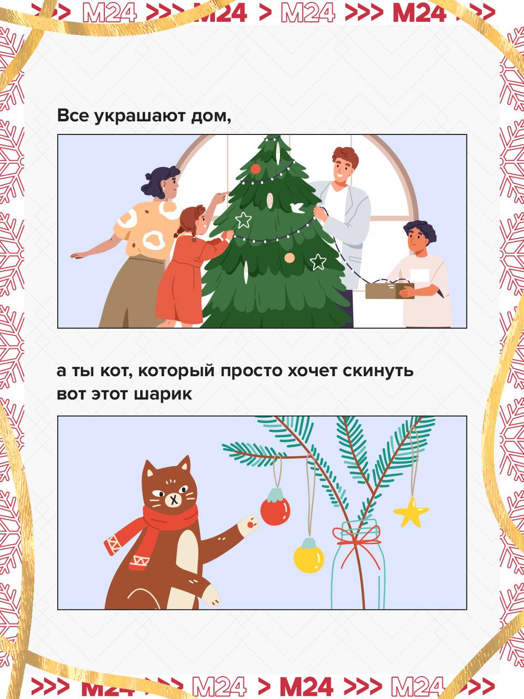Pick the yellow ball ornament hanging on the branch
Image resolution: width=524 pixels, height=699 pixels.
click(308, 555)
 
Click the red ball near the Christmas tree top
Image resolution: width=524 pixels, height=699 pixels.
click(255, 168)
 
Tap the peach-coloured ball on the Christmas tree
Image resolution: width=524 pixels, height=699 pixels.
click(289, 258)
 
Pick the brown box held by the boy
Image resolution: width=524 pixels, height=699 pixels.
click(389, 291)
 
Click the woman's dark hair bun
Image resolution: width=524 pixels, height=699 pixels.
click(148, 176)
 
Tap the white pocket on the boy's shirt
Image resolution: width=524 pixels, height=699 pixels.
click(420, 275)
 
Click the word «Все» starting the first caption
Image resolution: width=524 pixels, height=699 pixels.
click(73, 115)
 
